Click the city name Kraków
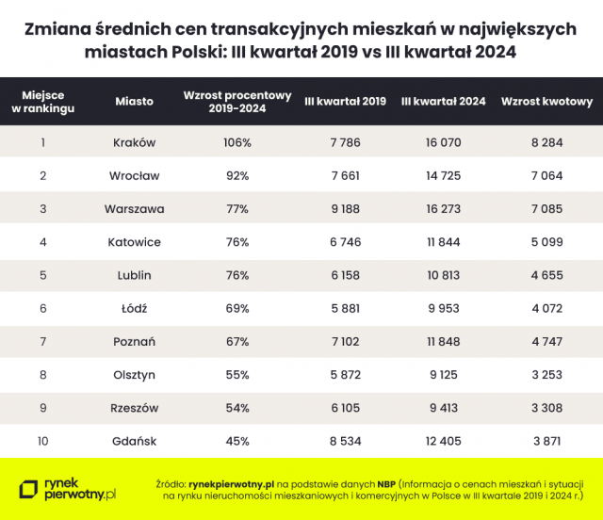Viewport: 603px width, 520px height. pyautogui.click(x=134, y=142)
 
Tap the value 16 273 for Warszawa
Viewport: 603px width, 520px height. pyautogui.click(x=443, y=208)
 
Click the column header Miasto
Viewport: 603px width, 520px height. pyautogui.click(x=134, y=101)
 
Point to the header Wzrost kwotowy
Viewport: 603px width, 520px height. pyautogui.click(x=546, y=101)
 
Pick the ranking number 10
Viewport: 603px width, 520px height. pyautogui.click(x=42, y=441)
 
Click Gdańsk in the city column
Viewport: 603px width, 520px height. pyautogui.click(x=134, y=441)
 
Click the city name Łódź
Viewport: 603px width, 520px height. pyautogui.click(x=134, y=308)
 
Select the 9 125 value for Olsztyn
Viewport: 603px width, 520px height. pyautogui.click(x=443, y=374)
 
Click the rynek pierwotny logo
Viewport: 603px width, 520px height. pyautogui.click(x=68, y=487)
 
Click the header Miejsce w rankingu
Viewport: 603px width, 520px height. pyautogui.click(x=42, y=101)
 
